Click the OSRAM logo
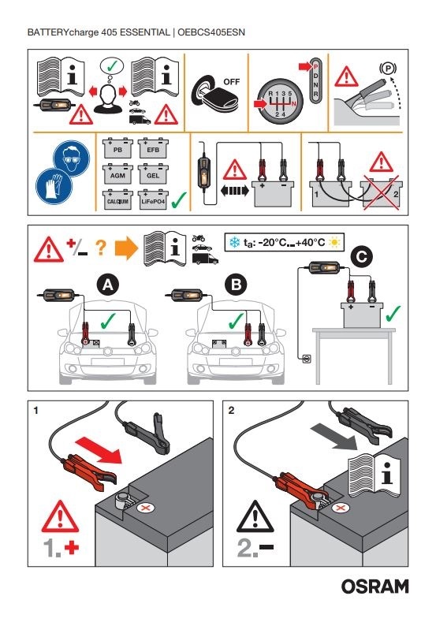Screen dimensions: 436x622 (375, 587)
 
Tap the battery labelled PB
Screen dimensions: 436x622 (117, 148)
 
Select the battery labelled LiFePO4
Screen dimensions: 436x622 (153, 200)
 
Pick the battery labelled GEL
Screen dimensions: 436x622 (153, 174)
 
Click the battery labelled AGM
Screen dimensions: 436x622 (117, 174)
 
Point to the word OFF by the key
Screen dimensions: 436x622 (231, 82)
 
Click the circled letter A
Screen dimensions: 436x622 (108, 285)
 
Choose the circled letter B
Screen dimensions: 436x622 (236, 285)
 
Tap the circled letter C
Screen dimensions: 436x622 (361, 257)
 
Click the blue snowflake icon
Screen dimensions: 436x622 (234, 242)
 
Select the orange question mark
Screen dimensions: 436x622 (101, 248)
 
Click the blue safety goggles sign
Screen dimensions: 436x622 (72, 158)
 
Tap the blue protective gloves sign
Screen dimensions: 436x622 (54, 186)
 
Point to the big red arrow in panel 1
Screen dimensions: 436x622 (99, 450)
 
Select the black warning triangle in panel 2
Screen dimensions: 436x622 (255, 518)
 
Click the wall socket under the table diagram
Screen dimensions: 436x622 (307, 359)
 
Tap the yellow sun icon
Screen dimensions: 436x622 (334, 242)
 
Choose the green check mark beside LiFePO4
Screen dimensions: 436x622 (179, 199)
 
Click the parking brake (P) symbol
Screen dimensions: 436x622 (388, 69)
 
